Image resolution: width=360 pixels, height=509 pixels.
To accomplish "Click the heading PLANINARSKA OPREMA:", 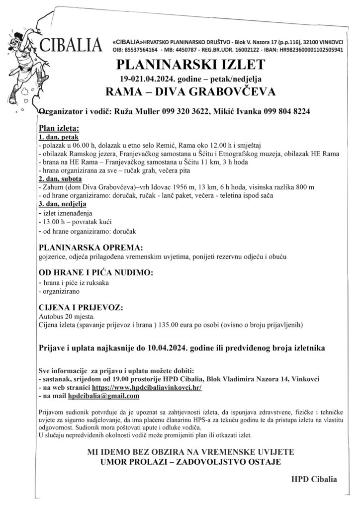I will (90, 247).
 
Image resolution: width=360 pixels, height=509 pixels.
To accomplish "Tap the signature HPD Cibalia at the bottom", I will (314, 480).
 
